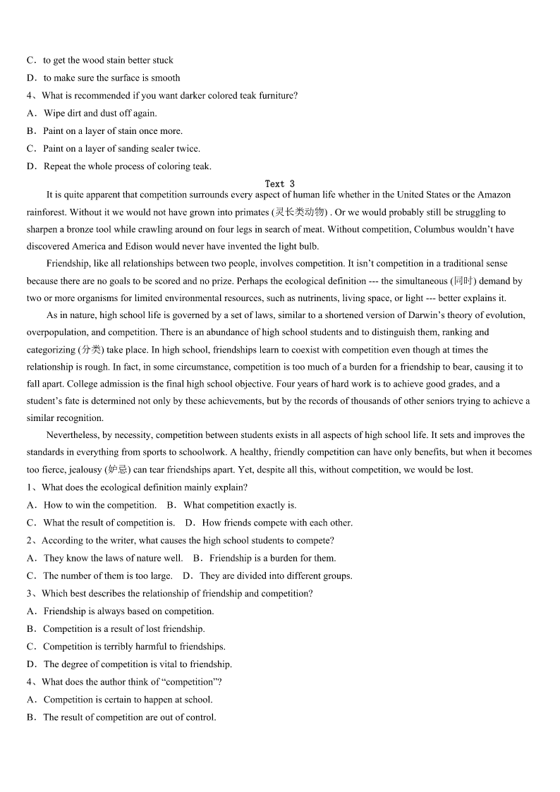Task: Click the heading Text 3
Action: point(280,183)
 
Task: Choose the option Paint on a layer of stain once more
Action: point(112,130)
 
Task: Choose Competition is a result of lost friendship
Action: point(123,628)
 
